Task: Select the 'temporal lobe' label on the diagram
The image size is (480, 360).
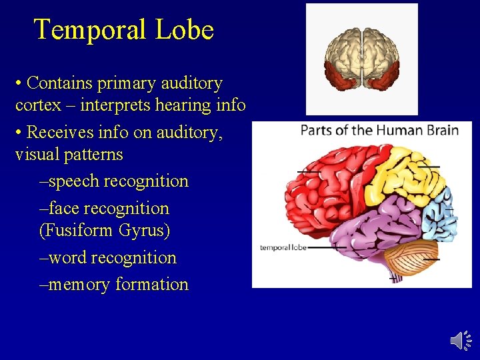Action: (x=283, y=247)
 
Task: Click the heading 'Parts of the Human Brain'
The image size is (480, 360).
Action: (x=379, y=129)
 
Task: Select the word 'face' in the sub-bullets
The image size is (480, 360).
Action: (x=64, y=208)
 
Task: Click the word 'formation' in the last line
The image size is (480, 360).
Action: (x=152, y=285)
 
